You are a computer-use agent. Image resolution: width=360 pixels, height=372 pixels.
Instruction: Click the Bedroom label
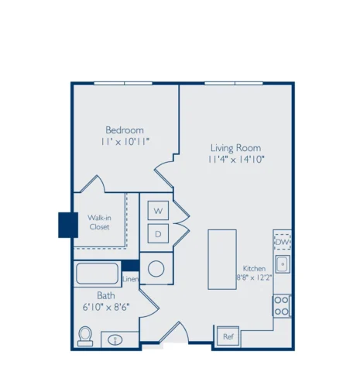(x=125, y=129)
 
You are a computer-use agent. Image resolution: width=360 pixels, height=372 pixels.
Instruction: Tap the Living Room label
(x=236, y=148)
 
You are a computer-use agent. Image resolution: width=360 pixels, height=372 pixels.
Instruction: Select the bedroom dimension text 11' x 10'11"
(x=125, y=142)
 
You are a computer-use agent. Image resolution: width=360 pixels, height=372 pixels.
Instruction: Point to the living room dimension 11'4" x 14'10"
(x=236, y=160)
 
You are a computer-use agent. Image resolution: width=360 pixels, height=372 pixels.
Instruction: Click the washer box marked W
(x=158, y=211)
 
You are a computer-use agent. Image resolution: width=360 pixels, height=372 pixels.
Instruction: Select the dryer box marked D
(x=158, y=233)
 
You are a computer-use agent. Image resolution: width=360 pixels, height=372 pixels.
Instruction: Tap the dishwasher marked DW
(x=283, y=242)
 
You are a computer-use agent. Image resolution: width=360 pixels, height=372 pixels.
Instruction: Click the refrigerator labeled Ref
(x=228, y=336)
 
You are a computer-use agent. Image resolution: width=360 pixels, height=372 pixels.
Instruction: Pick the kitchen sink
(x=283, y=264)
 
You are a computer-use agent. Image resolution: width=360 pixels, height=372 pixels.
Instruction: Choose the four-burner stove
(x=282, y=306)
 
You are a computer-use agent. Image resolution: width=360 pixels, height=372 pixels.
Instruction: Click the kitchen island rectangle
(x=222, y=260)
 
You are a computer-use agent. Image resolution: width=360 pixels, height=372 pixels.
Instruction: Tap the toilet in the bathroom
(x=85, y=336)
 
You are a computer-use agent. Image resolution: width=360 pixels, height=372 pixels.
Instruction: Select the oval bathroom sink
(x=115, y=340)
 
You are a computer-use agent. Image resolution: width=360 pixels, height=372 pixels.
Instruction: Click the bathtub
(x=98, y=274)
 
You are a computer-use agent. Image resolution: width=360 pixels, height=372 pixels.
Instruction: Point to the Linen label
(x=131, y=279)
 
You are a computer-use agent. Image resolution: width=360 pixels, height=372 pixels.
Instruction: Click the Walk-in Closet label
(x=100, y=222)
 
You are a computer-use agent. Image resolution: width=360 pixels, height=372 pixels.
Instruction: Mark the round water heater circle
(x=156, y=269)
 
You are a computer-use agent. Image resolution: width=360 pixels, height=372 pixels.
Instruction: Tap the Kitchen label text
(x=254, y=268)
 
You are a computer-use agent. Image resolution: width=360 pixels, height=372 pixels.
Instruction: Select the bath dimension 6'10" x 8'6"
(x=106, y=307)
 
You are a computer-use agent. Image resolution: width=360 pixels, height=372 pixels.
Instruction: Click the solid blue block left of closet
(x=68, y=225)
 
